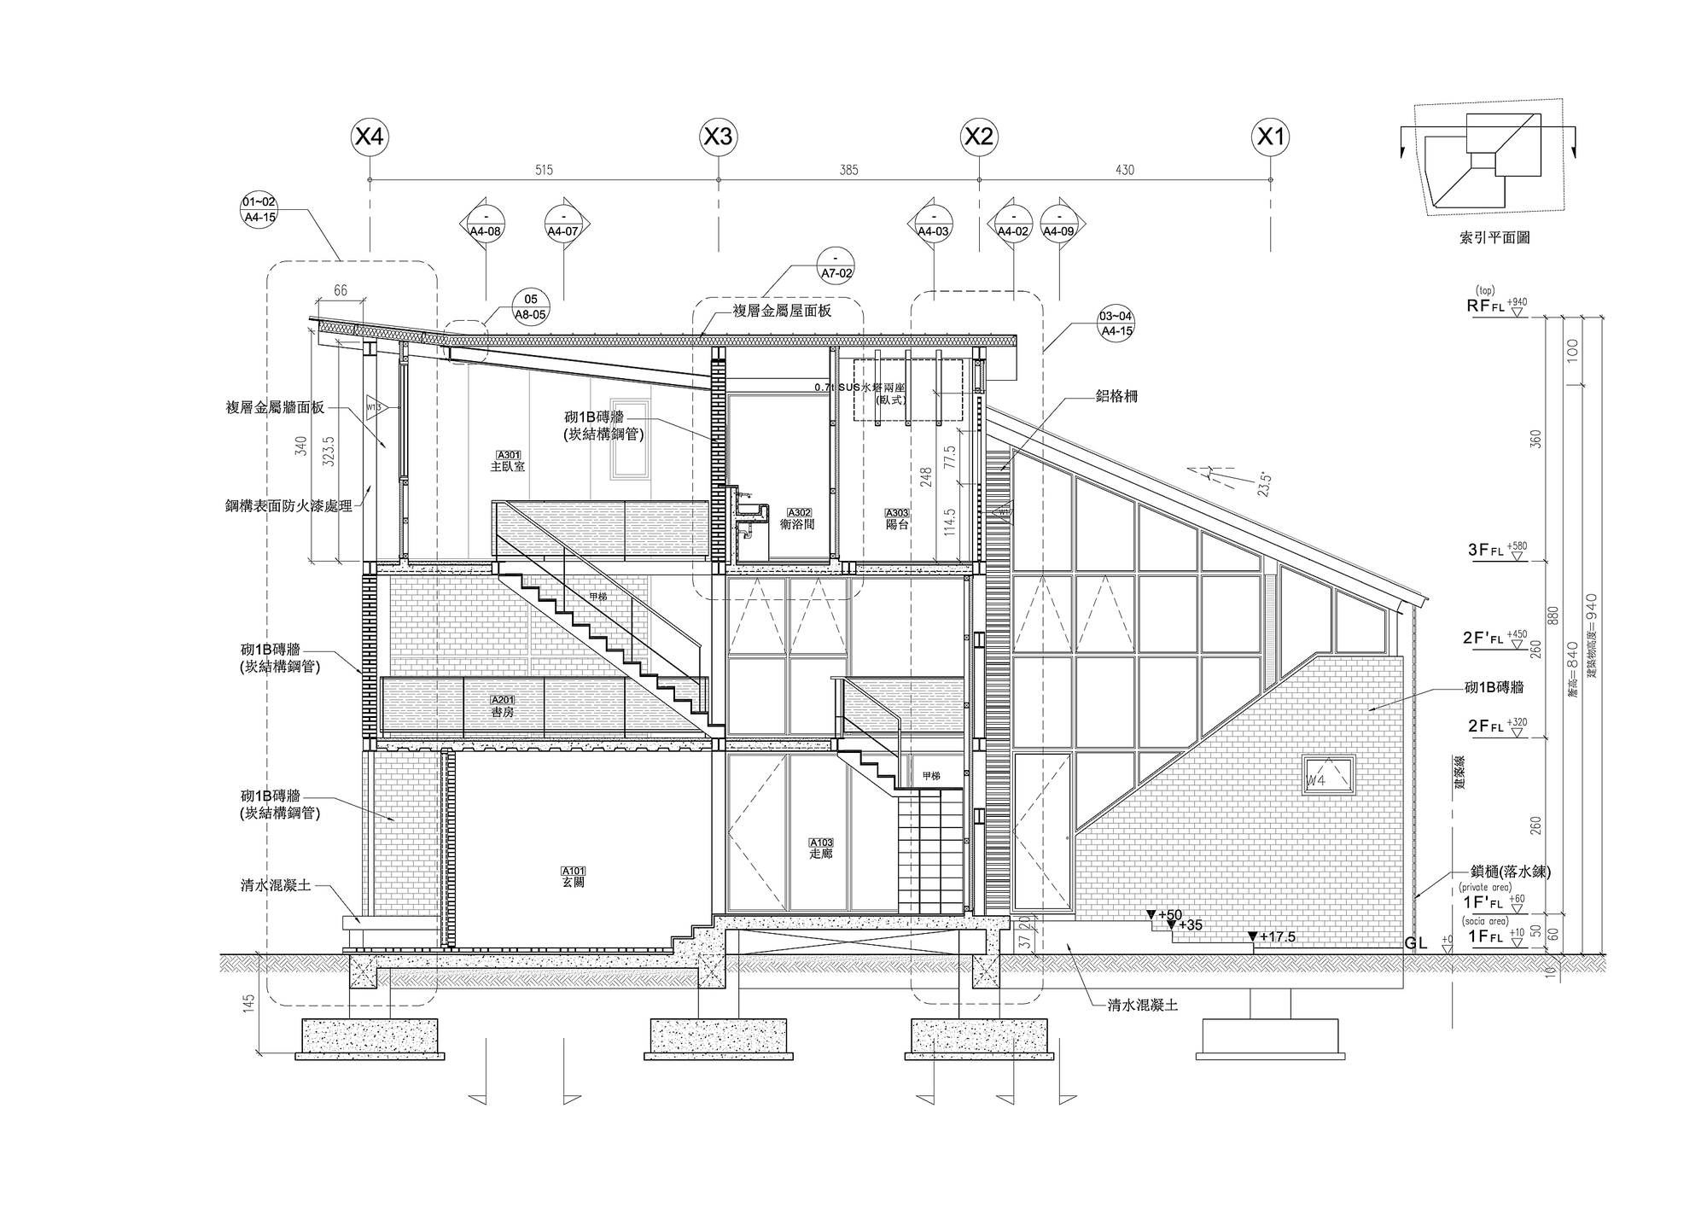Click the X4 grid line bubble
(369, 137)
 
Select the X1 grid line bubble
(1270, 137)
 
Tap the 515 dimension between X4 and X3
(544, 170)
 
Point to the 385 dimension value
(848, 170)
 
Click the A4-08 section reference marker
(486, 223)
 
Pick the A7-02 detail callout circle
(836, 265)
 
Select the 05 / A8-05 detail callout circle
(531, 306)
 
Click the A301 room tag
(507, 455)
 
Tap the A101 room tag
(574, 871)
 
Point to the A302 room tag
(798, 513)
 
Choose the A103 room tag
(820, 843)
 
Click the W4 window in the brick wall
(1327, 776)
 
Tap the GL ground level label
(1416, 944)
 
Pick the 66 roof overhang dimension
(341, 291)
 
